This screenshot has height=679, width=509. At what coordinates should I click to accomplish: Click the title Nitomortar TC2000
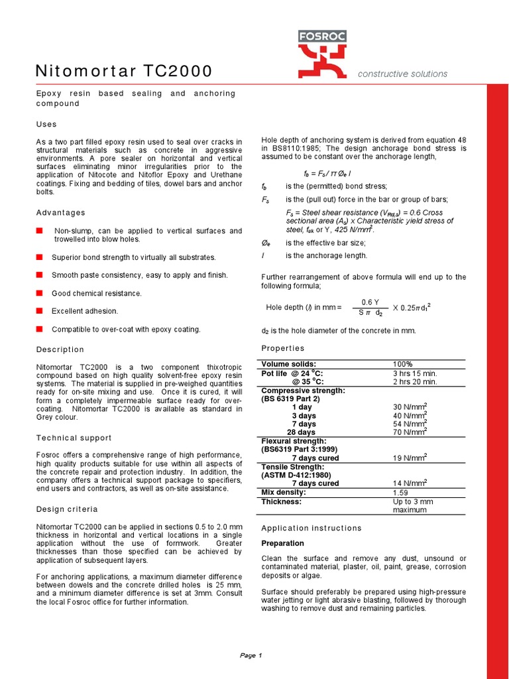124,71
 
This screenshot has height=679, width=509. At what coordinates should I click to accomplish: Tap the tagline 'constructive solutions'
402,74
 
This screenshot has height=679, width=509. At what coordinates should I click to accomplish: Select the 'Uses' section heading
46,124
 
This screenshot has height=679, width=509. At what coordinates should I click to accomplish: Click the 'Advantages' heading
60,212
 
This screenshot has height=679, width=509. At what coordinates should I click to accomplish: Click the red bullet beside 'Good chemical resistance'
39,292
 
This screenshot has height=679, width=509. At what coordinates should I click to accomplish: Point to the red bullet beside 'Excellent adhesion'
39,310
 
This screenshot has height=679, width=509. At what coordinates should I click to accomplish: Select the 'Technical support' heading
74,438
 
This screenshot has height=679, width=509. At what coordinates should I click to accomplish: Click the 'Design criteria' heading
66,509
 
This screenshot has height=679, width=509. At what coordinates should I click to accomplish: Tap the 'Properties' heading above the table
283,348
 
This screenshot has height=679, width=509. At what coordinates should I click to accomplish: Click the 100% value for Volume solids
402,364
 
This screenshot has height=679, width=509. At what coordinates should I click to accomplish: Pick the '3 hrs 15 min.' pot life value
415,373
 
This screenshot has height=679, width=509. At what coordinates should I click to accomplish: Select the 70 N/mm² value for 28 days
410,432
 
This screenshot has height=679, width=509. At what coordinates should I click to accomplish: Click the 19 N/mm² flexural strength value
410,458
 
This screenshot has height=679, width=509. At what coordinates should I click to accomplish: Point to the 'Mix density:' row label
284,493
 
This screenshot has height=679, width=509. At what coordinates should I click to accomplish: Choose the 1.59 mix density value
401,493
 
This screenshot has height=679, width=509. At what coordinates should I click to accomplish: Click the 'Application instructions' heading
311,528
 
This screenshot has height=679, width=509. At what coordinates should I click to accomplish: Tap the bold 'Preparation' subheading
283,543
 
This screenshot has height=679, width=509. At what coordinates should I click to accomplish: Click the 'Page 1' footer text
251,655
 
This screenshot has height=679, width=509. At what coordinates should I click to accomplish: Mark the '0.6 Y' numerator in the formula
370,302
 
